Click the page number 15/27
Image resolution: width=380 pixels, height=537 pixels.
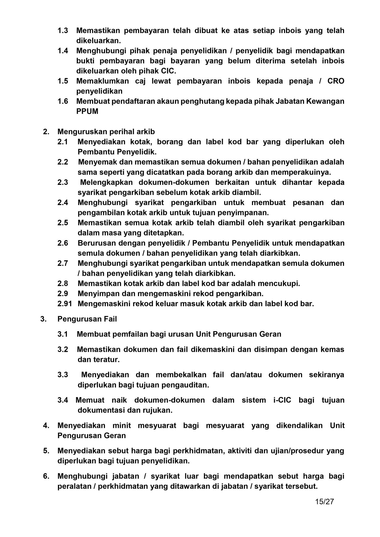click(x=324, y=502)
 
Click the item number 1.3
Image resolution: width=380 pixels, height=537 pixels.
click(x=63, y=31)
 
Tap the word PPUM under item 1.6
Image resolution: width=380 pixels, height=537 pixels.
click(x=87, y=111)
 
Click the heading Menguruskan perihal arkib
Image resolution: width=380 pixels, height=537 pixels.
click(x=106, y=132)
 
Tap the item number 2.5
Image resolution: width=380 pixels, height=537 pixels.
click(x=63, y=223)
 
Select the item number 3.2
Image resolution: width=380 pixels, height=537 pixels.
click(x=63, y=349)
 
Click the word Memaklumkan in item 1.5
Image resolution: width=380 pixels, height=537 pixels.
click(x=103, y=81)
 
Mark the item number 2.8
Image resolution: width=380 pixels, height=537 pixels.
click(x=63, y=283)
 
